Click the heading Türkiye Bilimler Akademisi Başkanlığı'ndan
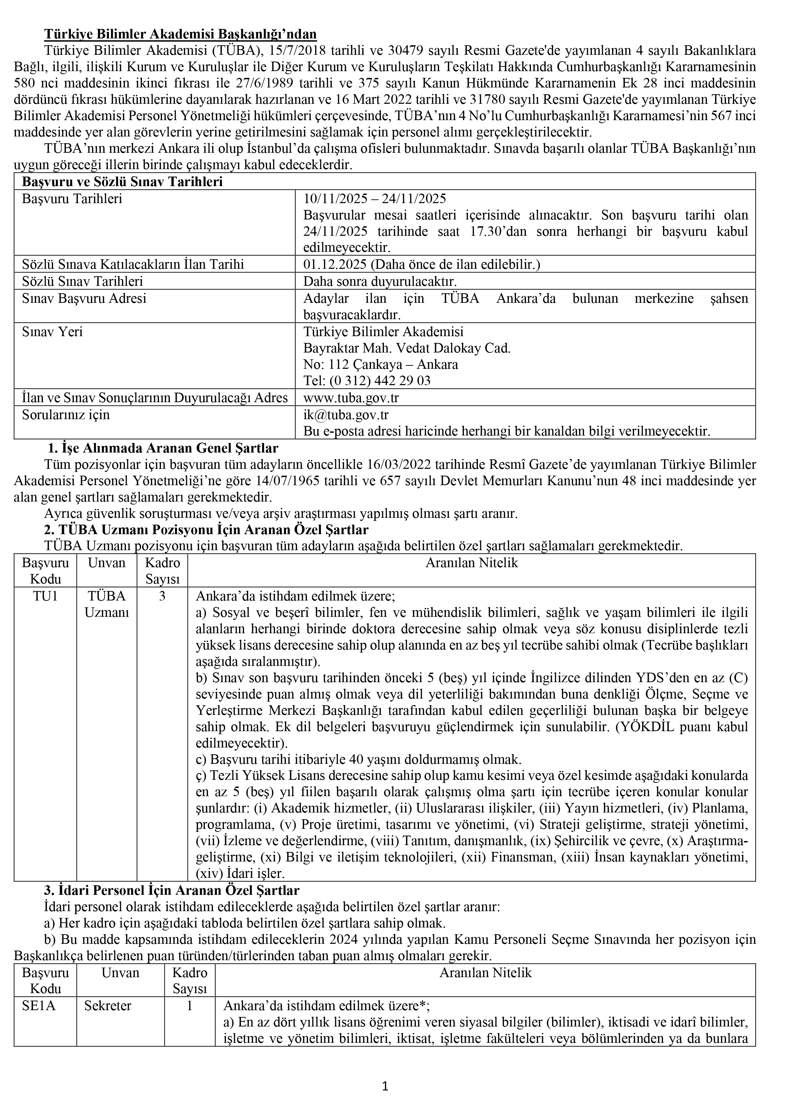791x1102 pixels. click(x=180, y=34)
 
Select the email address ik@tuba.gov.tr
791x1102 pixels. click(x=346, y=414)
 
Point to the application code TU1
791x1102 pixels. click(x=45, y=596)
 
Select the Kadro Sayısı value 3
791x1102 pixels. click(x=162, y=596)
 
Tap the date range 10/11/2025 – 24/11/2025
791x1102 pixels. click(x=375, y=199)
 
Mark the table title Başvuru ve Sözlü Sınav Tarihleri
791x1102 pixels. click(x=123, y=182)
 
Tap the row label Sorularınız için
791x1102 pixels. click(x=66, y=414)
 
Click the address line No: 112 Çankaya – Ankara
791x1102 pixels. click(x=381, y=364)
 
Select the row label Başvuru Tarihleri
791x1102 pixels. click(x=72, y=199)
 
